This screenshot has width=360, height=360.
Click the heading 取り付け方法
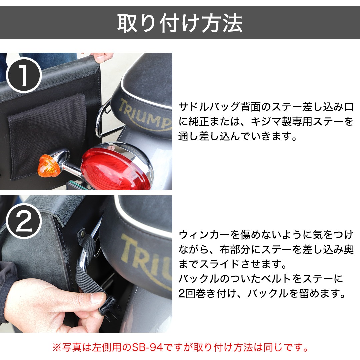180,23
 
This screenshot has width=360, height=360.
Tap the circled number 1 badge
24,75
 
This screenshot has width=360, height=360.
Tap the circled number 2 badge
24,221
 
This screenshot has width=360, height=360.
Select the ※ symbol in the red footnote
57,347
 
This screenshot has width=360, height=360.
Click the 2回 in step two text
187,293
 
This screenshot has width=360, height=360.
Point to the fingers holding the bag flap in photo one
101,57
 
